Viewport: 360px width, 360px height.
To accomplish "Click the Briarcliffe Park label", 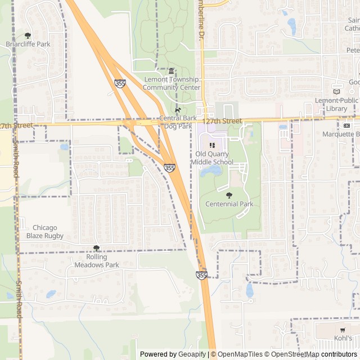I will coord(28,44).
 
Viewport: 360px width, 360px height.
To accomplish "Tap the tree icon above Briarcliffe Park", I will coord(28,35).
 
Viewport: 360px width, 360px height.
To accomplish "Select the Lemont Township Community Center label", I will coord(172,83).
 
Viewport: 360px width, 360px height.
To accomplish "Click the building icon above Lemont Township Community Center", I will coord(172,71).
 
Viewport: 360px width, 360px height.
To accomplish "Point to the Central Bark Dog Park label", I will coord(178,122).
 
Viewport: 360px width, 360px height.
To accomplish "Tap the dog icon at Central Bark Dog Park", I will coord(178,110).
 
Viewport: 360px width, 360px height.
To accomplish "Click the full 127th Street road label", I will coord(223,121).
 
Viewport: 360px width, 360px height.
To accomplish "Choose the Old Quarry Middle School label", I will coord(211,158).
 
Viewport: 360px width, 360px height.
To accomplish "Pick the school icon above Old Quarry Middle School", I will coord(212,145).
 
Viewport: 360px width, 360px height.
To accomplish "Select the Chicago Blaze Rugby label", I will coord(44,232).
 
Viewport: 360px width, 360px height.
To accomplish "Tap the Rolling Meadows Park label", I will coord(97,261).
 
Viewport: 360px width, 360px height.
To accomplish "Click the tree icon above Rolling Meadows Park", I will coord(96,248).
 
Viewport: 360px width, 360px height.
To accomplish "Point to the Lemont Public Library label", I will coord(336,104).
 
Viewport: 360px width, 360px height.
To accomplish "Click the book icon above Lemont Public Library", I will coord(337,92).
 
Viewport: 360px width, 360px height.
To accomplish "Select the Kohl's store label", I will coord(342,338).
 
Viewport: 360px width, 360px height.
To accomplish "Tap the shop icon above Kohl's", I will coord(342,330).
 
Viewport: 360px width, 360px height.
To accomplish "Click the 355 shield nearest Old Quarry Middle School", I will coord(169,168).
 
